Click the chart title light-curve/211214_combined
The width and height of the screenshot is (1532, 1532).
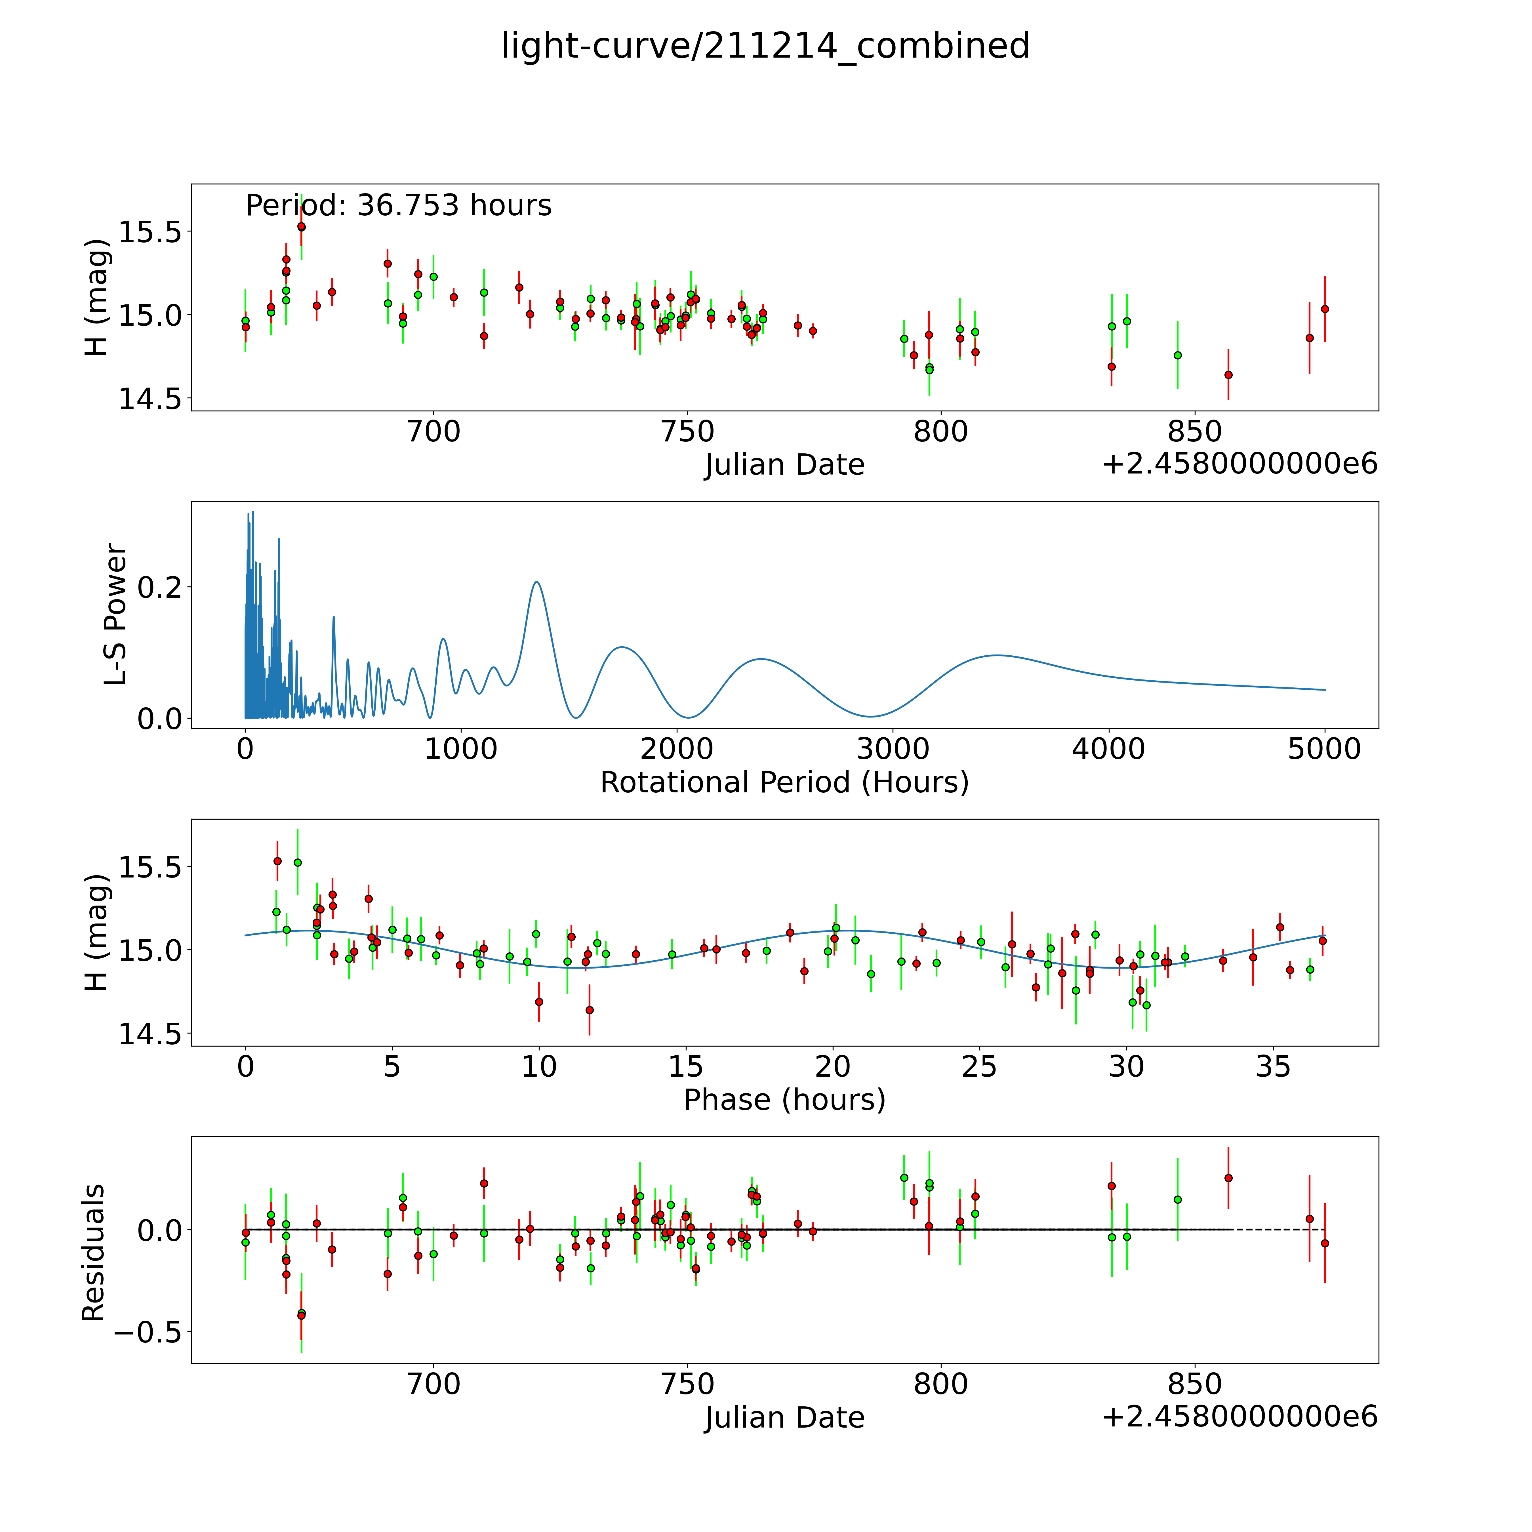(x=765, y=46)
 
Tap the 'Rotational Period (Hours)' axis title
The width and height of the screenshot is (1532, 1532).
(x=784, y=783)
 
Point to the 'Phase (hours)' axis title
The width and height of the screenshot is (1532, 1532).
(x=784, y=1100)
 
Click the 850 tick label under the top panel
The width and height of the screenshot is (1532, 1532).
(x=1194, y=432)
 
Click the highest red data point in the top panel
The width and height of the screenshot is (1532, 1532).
(x=301, y=227)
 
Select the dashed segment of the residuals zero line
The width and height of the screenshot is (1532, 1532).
(x=1278, y=1230)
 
